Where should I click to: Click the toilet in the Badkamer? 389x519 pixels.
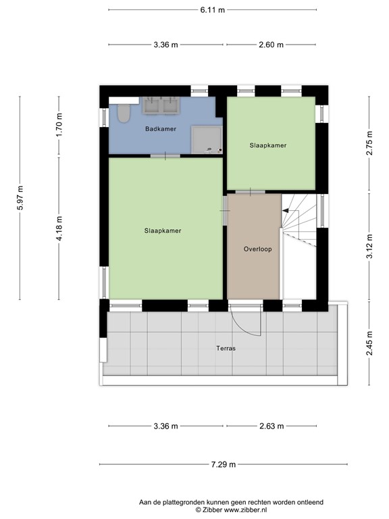[123, 114]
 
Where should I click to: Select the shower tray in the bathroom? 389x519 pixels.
[206, 139]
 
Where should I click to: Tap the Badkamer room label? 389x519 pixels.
[161, 128]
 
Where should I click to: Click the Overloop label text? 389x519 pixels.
[257, 249]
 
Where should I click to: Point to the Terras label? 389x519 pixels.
[226, 349]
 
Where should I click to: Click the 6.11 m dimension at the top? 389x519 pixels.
[213, 10]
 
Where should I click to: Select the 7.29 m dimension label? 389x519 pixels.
[222, 464]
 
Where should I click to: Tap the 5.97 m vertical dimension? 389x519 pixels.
[20, 198]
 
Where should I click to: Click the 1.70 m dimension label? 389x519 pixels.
[59, 126]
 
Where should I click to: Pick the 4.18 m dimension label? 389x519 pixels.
[59, 226]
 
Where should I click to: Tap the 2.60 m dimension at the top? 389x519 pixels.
[271, 45]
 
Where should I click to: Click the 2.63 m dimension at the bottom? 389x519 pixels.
[271, 426]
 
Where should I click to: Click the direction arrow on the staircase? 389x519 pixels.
[286, 211]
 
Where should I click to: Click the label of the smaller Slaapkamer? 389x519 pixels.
[268, 145]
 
